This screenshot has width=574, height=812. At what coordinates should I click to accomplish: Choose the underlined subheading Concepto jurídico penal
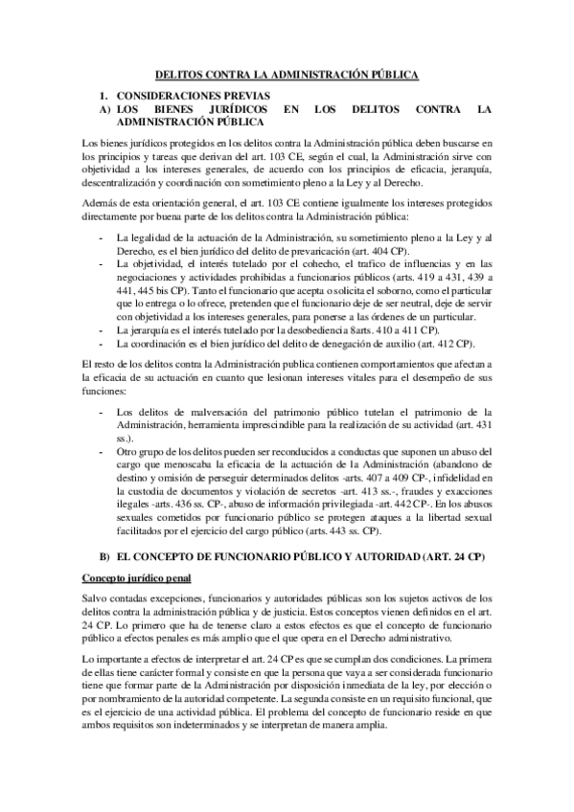coord(137,577)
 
